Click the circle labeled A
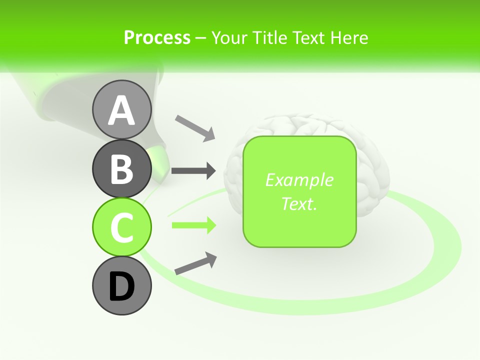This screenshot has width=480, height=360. [121, 109]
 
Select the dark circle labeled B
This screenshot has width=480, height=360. [121, 168]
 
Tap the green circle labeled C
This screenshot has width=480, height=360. [121, 227]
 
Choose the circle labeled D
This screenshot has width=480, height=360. [121, 285]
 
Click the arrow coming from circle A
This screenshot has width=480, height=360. [195, 127]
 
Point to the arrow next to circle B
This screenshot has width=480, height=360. [193, 171]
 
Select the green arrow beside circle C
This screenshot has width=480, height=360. [193, 225]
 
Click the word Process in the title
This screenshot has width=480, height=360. [157, 37]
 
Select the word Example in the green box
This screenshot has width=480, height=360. [299, 180]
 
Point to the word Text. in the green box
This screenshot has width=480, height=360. [299, 203]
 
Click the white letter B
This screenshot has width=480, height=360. [121, 169]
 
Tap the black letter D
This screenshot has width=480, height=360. [121, 286]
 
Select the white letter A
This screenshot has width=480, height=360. [121, 110]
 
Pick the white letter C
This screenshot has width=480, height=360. [121, 227]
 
